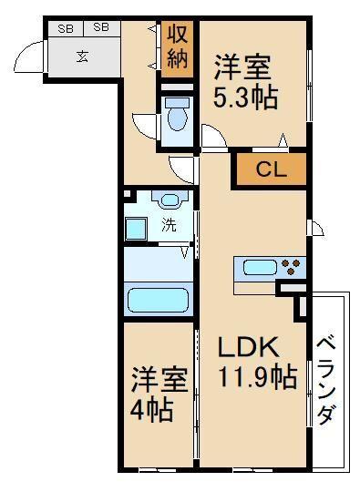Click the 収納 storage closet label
[177, 50]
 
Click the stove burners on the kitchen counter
[293, 267]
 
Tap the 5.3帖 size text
[245, 97]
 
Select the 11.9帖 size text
[257, 376]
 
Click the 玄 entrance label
[82, 56]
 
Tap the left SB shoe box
[66, 28]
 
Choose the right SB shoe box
[100, 28]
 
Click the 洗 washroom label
[169, 226]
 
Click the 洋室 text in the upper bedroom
[245, 67]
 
